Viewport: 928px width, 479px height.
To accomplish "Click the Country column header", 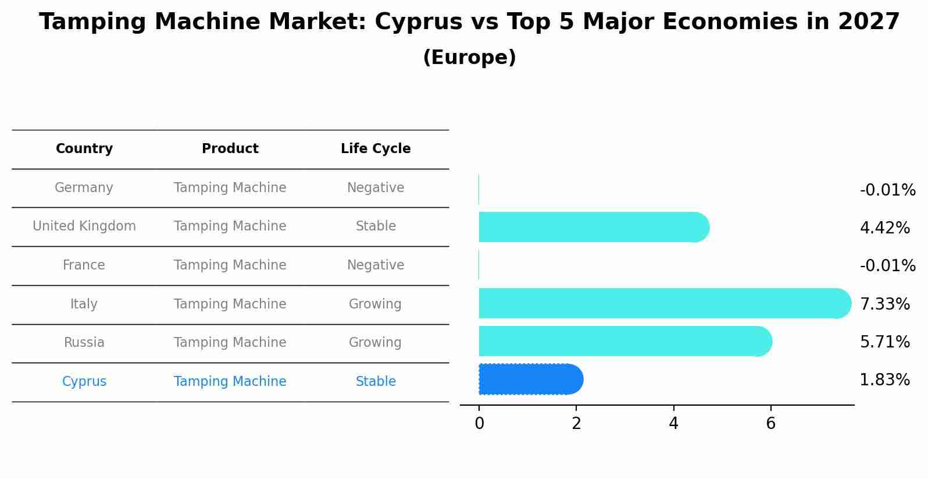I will [x=84, y=149].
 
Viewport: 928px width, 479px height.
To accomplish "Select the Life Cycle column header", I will [x=376, y=149].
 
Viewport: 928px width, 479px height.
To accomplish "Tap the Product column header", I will [x=230, y=149].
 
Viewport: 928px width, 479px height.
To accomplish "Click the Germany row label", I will [x=84, y=188].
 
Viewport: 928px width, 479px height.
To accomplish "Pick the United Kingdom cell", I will [x=84, y=226].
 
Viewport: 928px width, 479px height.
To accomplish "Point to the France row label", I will [x=84, y=265].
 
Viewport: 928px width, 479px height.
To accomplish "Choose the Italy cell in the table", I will [x=84, y=304].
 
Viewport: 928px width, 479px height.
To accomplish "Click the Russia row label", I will [x=84, y=343].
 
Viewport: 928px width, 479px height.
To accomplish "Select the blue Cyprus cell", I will [x=84, y=382].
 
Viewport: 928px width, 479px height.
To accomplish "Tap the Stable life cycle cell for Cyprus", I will [x=376, y=382].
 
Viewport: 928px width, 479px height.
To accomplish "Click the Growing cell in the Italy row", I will [x=375, y=304].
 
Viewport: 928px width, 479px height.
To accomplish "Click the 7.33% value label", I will [x=884, y=304].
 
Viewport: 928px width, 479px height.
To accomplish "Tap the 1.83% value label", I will [x=884, y=380].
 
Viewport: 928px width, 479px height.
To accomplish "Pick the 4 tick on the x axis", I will [x=673, y=424].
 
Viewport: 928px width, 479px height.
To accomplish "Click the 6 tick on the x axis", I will [x=770, y=424].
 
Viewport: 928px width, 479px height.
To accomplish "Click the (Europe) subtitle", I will [x=469, y=58].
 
